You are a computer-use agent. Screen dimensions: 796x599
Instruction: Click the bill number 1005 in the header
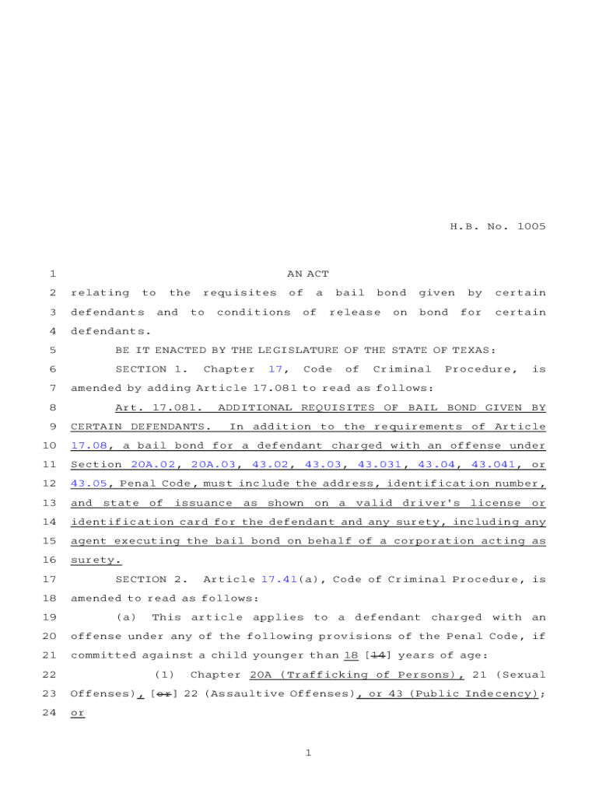point(529,227)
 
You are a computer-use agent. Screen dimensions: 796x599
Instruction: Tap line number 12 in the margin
point(50,484)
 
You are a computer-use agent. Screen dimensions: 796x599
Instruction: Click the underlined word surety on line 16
point(94,560)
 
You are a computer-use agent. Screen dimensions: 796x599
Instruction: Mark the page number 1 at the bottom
point(308,753)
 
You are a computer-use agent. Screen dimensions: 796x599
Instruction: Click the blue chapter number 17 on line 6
point(275,369)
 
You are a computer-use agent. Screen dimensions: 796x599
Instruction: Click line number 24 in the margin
point(50,713)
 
